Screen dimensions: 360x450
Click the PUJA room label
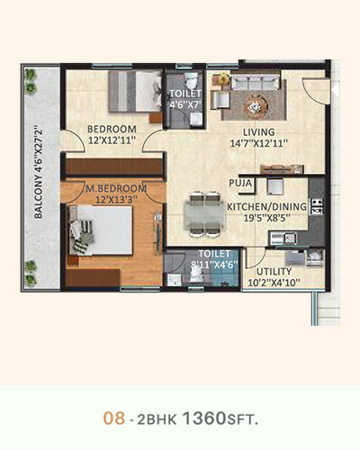coord(240,183)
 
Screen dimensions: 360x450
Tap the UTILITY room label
coord(274,272)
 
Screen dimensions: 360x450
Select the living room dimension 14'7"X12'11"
coord(259,143)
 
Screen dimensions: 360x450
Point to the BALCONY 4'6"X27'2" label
coord(39,174)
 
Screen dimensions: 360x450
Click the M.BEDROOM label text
coord(116,189)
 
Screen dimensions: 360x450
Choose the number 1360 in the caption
coord(204,418)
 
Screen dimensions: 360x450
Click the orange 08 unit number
coord(114,418)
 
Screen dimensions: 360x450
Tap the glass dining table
coord(204,214)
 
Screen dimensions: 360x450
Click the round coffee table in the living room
coord(256,105)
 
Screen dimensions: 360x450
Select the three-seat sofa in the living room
coord(256,82)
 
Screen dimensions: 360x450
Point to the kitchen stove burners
coord(317,206)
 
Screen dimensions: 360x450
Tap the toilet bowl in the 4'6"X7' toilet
coord(190,80)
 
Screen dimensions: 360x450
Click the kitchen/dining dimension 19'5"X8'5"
coord(263,218)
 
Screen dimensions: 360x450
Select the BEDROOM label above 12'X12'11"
coord(112,130)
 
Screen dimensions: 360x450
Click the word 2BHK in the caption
coord(157,419)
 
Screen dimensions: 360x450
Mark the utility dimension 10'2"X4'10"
coord(274,283)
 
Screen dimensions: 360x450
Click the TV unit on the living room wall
coord(281,169)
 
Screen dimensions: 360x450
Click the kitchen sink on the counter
coord(283,238)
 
